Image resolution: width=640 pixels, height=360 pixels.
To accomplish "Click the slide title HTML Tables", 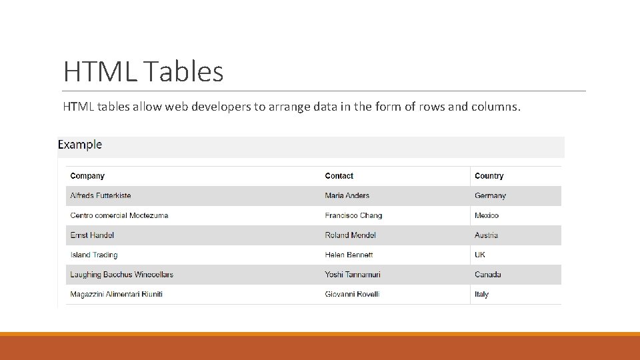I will pos(143,71).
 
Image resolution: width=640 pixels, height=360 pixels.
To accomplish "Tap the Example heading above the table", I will pos(80,145).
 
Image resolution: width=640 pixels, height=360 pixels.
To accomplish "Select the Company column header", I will pos(87,176).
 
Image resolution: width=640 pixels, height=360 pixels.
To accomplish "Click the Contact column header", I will pos(339,176).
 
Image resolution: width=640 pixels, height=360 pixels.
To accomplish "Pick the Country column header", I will pos(489,176).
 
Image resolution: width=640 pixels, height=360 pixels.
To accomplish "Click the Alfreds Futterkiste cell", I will pos(101,196).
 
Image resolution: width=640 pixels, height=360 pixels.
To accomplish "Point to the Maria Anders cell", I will pos(347,196).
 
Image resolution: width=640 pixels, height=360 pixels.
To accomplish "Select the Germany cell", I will pos(490,196).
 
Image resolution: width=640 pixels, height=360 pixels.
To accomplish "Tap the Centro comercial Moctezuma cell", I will pos(119,215).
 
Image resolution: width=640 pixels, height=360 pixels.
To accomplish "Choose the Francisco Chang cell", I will pos(353,215).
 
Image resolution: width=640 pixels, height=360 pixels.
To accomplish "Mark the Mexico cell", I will pos(487,215).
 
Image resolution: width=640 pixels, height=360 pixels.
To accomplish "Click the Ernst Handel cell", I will pos(92,235).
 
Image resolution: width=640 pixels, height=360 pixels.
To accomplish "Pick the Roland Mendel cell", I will pos(350,235).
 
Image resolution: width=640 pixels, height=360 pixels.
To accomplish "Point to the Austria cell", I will pos(486,235).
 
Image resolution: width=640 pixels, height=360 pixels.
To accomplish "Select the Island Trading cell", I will pos(94,255).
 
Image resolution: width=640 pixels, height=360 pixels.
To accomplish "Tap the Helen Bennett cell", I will pos(349,255).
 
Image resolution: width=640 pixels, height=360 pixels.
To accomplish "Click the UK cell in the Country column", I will pos(480,255).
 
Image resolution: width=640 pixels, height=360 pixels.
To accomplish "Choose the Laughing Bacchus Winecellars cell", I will pos(121,275).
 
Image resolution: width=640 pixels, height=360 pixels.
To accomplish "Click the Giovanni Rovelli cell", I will pos(352,294).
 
